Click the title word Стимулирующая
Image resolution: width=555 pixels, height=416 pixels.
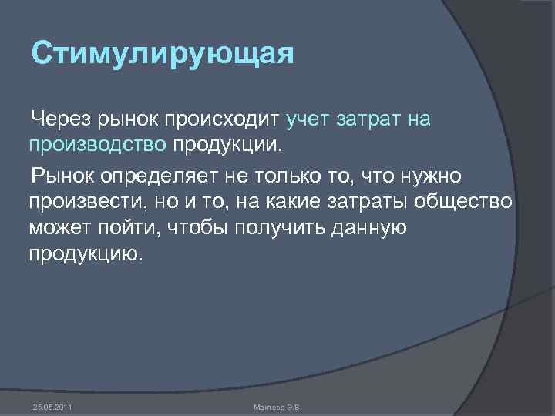163,55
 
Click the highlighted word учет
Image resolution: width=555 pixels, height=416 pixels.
308,119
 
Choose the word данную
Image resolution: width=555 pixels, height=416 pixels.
372,228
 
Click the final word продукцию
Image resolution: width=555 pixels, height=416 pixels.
86,253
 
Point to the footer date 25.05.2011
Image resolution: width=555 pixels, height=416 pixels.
53,406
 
